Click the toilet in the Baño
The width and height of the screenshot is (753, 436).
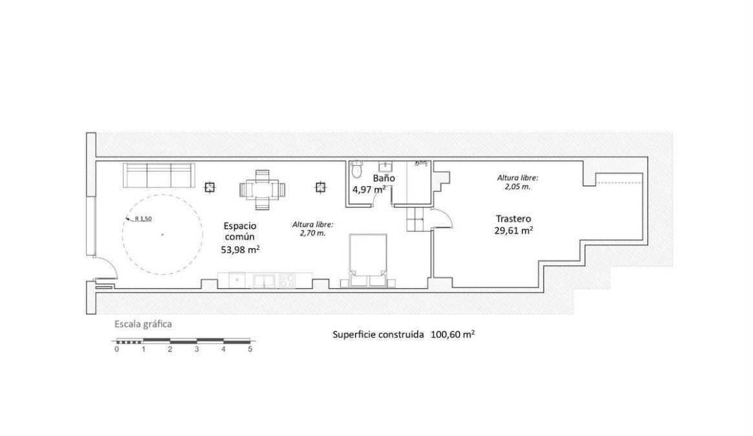[x=357, y=169]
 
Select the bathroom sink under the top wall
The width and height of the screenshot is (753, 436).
[x=385, y=167]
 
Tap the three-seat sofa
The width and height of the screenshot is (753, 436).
[x=159, y=176]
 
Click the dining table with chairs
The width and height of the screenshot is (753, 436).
[x=263, y=190]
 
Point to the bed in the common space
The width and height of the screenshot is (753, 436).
[x=368, y=260]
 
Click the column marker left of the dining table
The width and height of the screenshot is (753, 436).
[x=210, y=187]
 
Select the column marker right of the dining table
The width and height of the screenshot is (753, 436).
[x=320, y=187]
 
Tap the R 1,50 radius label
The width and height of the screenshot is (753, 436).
[x=143, y=219]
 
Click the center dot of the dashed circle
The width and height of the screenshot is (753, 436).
[x=162, y=234]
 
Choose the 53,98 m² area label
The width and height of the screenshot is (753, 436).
[x=241, y=249]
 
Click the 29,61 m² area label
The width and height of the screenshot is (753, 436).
[x=514, y=230]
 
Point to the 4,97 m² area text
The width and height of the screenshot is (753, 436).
[x=369, y=189]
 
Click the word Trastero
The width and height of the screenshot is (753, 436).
[x=514, y=219]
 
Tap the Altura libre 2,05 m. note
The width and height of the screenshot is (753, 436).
[x=518, y=182]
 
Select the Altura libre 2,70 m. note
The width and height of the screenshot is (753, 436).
[x=312, y=229]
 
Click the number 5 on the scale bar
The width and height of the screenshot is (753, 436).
[x=250, y=349]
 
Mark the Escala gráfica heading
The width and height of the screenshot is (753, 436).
[x=143, y=324]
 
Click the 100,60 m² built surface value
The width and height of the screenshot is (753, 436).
[x=453, y=335]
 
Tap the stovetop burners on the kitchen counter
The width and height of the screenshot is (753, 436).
[x=288, y=280]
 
